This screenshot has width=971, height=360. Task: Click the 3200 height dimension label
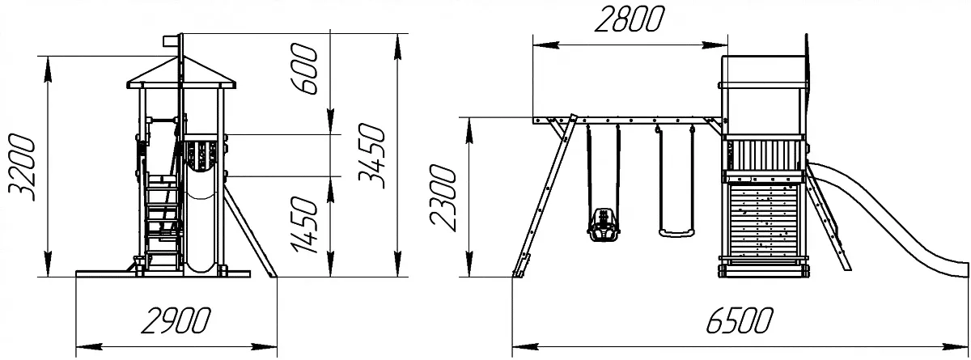(x=22, y=167)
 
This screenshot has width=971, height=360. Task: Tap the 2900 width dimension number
(x=176, y=320)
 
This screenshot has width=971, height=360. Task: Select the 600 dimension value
(x=305, y=69)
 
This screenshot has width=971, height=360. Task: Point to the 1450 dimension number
(x=305, y=224)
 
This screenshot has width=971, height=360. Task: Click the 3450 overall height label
(x=371, y=156)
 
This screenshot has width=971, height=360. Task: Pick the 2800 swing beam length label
(x=629, y=19)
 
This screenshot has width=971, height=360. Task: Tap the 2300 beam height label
(x=443, y=198)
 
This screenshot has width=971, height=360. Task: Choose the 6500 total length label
(x=740, y=320)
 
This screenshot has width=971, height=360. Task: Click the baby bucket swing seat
(x=603, y=224)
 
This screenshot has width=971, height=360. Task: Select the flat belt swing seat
(x=676, y=234)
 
